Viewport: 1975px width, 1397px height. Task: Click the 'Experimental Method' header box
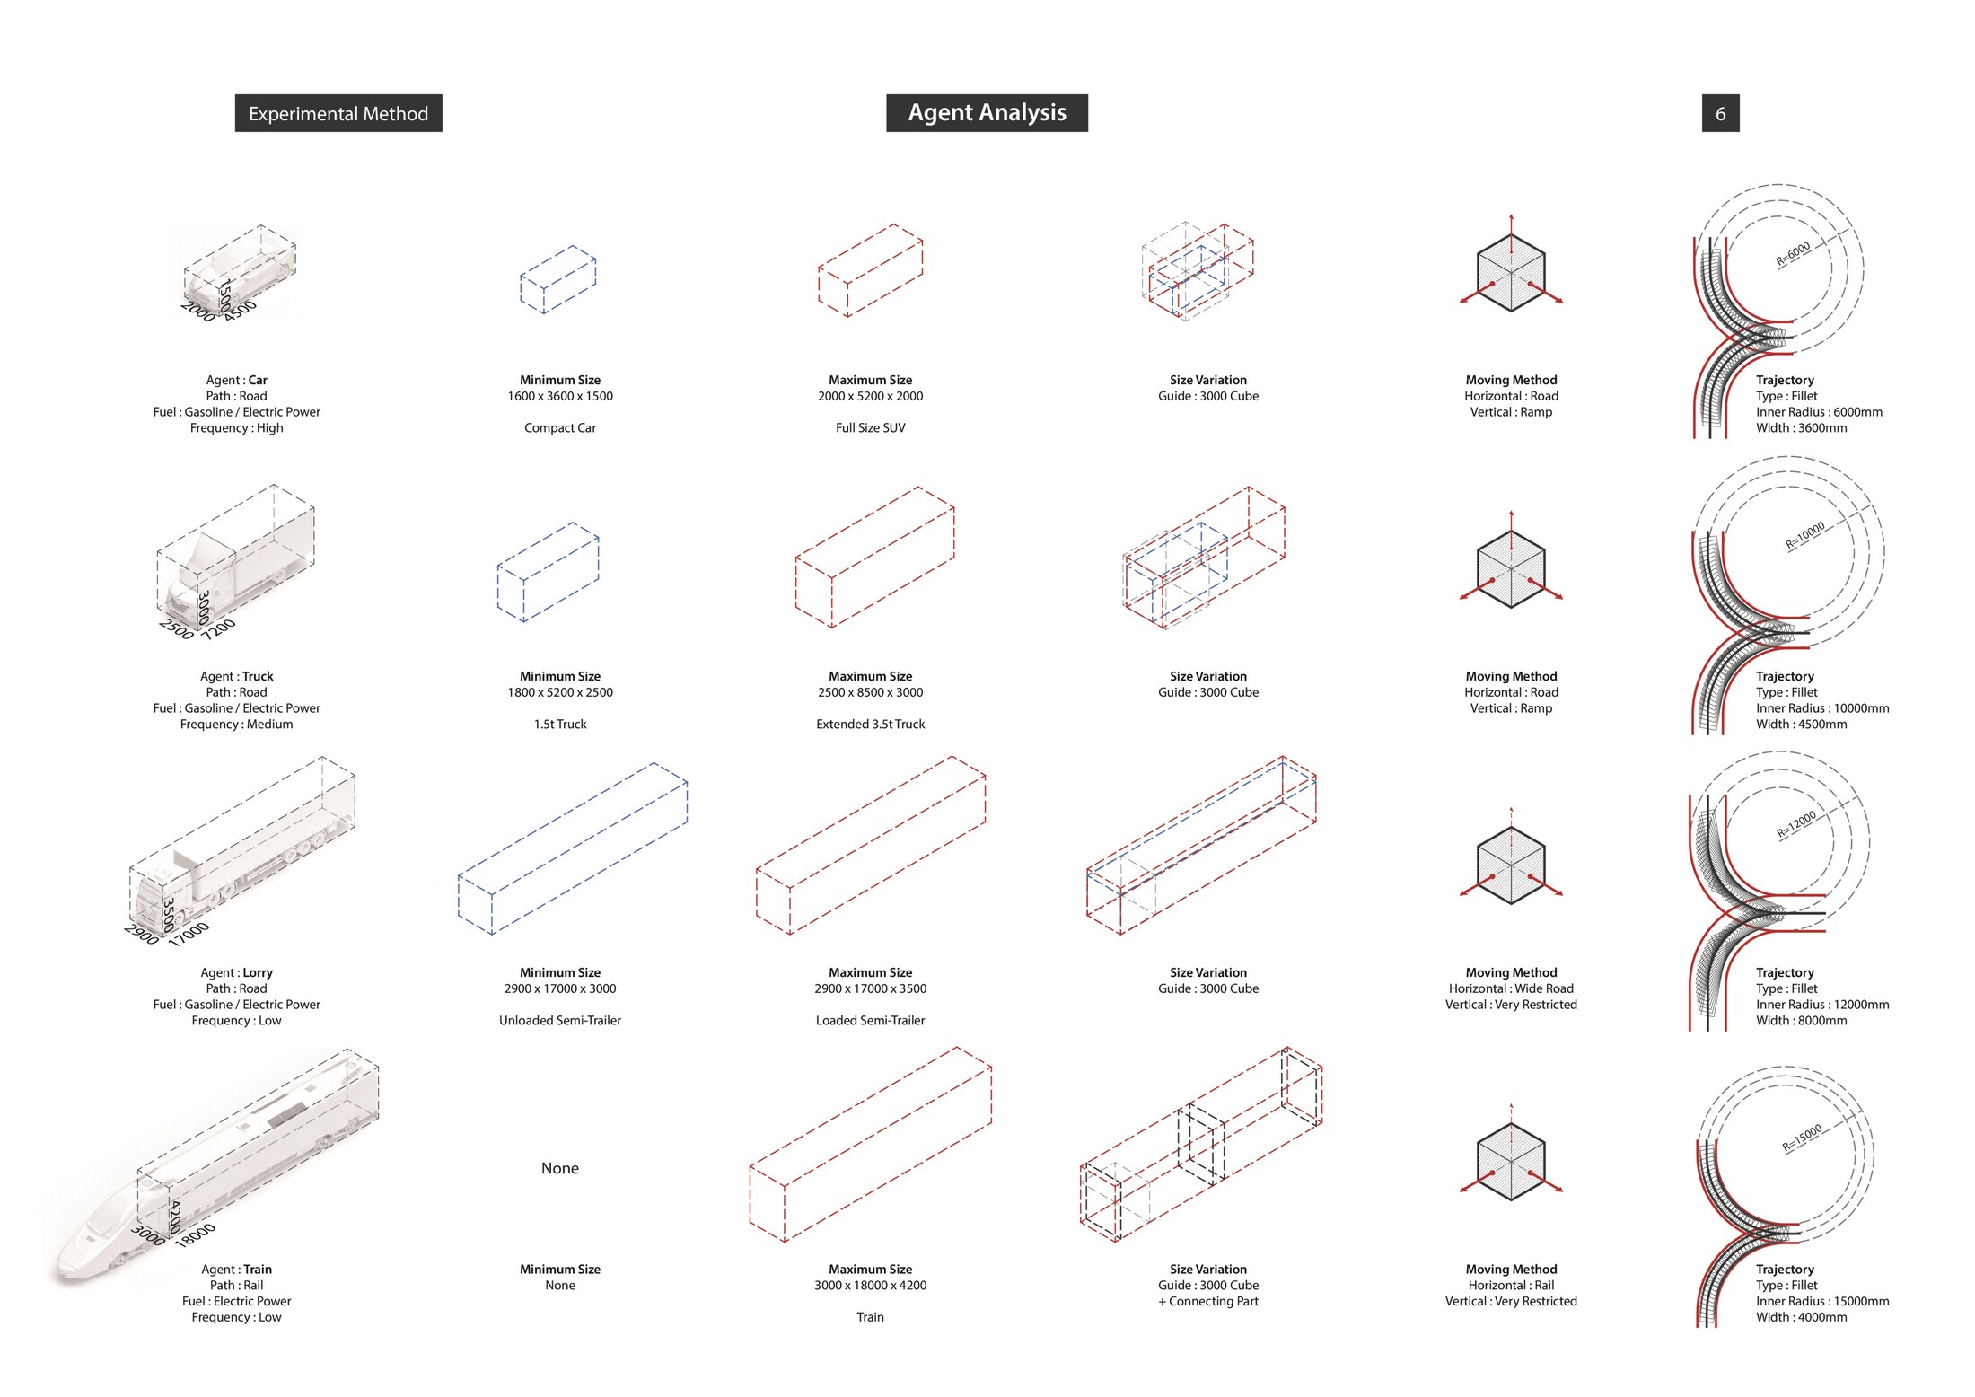click(x=338, y=113)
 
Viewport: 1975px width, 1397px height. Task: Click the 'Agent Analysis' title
click(x=987, y=112)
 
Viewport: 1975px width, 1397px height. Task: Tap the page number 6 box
click(x=1720, y=113)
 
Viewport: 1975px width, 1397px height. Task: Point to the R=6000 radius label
click(x=1793, y=254)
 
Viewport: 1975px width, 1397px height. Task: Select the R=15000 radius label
click(x=1802, y=1138)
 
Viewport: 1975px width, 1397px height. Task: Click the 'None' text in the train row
click(x=560, y=1168)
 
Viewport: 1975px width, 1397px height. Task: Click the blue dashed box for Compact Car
click(x=558, y=279)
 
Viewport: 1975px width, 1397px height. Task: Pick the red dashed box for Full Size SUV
click(x=870, y=270)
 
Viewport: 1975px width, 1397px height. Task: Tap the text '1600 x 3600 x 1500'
click(x=560, y=396)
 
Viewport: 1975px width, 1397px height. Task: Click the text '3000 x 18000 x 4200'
click(x=870, y=1285)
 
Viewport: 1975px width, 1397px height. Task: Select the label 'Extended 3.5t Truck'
click(x=870, y=724)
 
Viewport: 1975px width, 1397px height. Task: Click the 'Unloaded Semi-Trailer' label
click(x=560, y=1020)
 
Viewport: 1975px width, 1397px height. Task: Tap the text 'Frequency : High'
click(x=236, y=428)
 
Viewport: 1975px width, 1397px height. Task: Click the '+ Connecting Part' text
click(x=1208, y=1301)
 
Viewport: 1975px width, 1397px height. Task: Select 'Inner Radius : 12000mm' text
click(x=1822, y=1005)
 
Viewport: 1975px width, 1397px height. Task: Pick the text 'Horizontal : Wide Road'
click(x=1511, y=988)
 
